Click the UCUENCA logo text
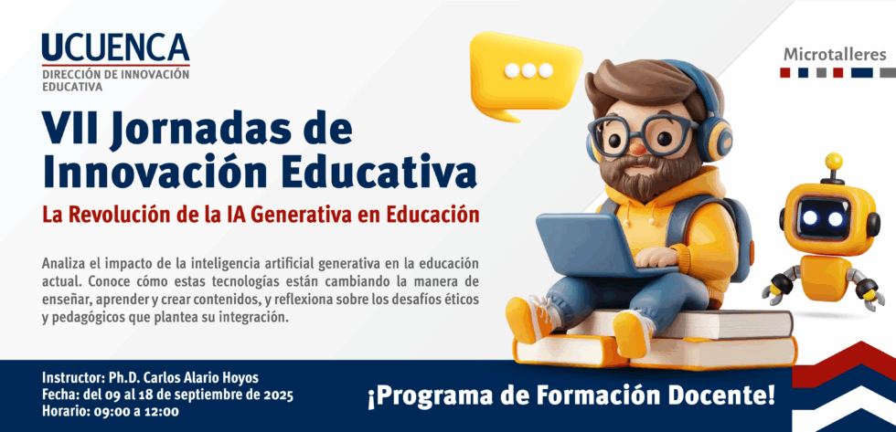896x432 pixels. (115, 47)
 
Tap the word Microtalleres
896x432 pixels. (835, 55)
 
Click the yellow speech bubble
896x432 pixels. (525, 74)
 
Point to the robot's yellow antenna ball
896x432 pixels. (834, 161)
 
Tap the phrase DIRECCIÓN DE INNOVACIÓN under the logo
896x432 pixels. (115, 74)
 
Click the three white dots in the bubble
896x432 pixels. (529, 70)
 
